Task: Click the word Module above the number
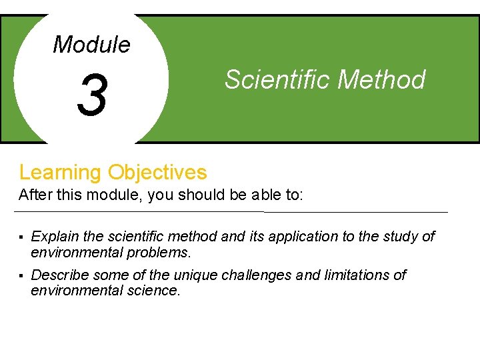point(91,45)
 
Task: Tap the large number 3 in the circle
point(92,95)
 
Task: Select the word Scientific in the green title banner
point(277,79)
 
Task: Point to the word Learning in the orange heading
point(60,173)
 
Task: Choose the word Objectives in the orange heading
point(157,173)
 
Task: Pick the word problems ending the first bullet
point(161,253)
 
